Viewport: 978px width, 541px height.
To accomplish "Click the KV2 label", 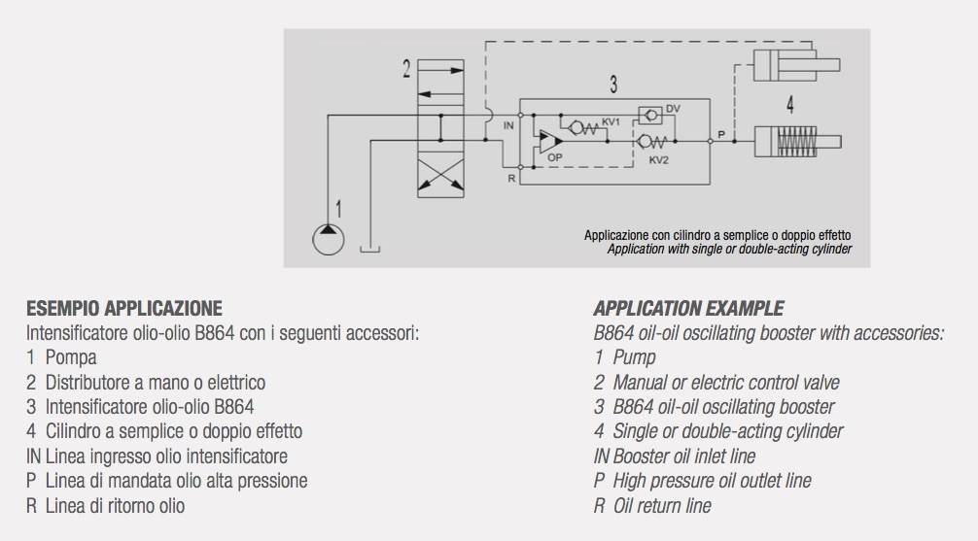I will pyautogui.click(x=658, y=159).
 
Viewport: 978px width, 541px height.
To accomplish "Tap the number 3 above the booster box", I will pyautogui.click(x=613, y=85).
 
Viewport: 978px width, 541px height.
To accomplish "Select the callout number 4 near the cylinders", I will pyautogui.click(x=789, y=104).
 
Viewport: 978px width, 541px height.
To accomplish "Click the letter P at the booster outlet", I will pyautogui.click(x=720, y=132).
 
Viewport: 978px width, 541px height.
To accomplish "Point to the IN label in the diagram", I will pyautogui.click(x=508, y=126).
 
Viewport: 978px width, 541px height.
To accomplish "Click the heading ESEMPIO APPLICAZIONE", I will pyautogui.click(x=124, y=309).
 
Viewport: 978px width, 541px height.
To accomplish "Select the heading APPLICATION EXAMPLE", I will pyautogui.click(x=688, y=309).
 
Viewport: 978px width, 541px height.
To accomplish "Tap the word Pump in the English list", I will pyautogui.click(x=634, y=357).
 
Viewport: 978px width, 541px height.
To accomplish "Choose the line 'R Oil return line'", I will pyautogui.click(x=652, y=505).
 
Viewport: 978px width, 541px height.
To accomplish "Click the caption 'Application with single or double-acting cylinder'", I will pyautogui.click(x=729, y=249).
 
